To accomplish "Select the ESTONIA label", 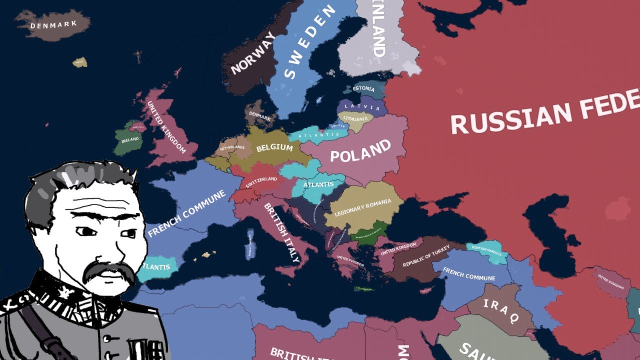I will coord(363,89).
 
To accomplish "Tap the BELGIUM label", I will coord(274,148).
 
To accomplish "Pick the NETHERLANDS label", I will coord(232,148).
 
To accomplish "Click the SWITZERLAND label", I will coord(261,182).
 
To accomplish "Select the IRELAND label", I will coord(130,140).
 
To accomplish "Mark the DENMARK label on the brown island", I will coord(53,24).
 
